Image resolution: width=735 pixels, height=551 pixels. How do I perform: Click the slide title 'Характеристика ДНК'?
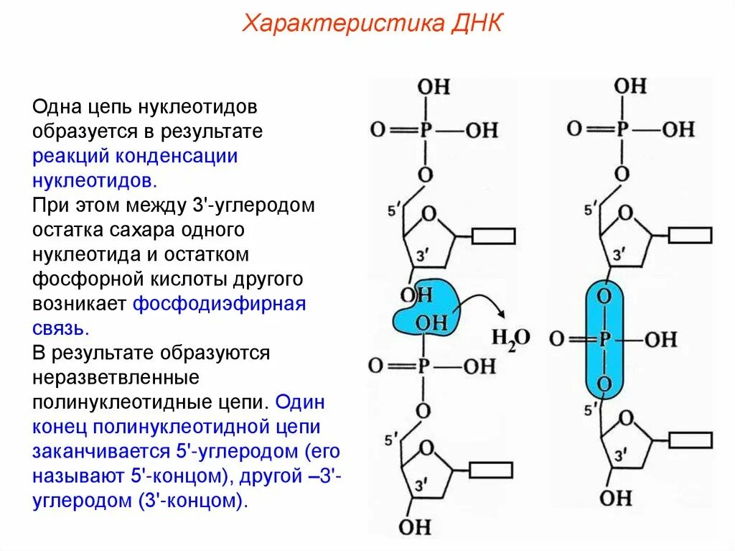[x=373, y=24]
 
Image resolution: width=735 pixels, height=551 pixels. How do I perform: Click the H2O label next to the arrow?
[x=510, y=338]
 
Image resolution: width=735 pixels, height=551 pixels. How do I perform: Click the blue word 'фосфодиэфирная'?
[x=220, y=303]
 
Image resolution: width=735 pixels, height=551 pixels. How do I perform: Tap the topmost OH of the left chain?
[x=434, y=87]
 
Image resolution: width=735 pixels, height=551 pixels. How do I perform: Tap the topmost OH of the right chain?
[x=630, y=86]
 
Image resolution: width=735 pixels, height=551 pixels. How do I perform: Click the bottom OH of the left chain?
[x=414, y=526]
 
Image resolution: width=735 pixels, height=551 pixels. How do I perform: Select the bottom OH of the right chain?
[x=615, y=497]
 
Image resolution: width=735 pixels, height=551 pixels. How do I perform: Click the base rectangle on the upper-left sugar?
[x=493, y=235]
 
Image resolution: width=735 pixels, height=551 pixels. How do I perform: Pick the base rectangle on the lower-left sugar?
[x=490, y=471]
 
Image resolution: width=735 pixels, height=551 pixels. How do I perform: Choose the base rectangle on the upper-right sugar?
[x=689, y=235]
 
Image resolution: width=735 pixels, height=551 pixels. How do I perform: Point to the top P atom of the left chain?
[x=425, y=130]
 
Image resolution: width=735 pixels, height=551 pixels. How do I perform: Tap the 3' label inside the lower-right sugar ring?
[x=622, y=454]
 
